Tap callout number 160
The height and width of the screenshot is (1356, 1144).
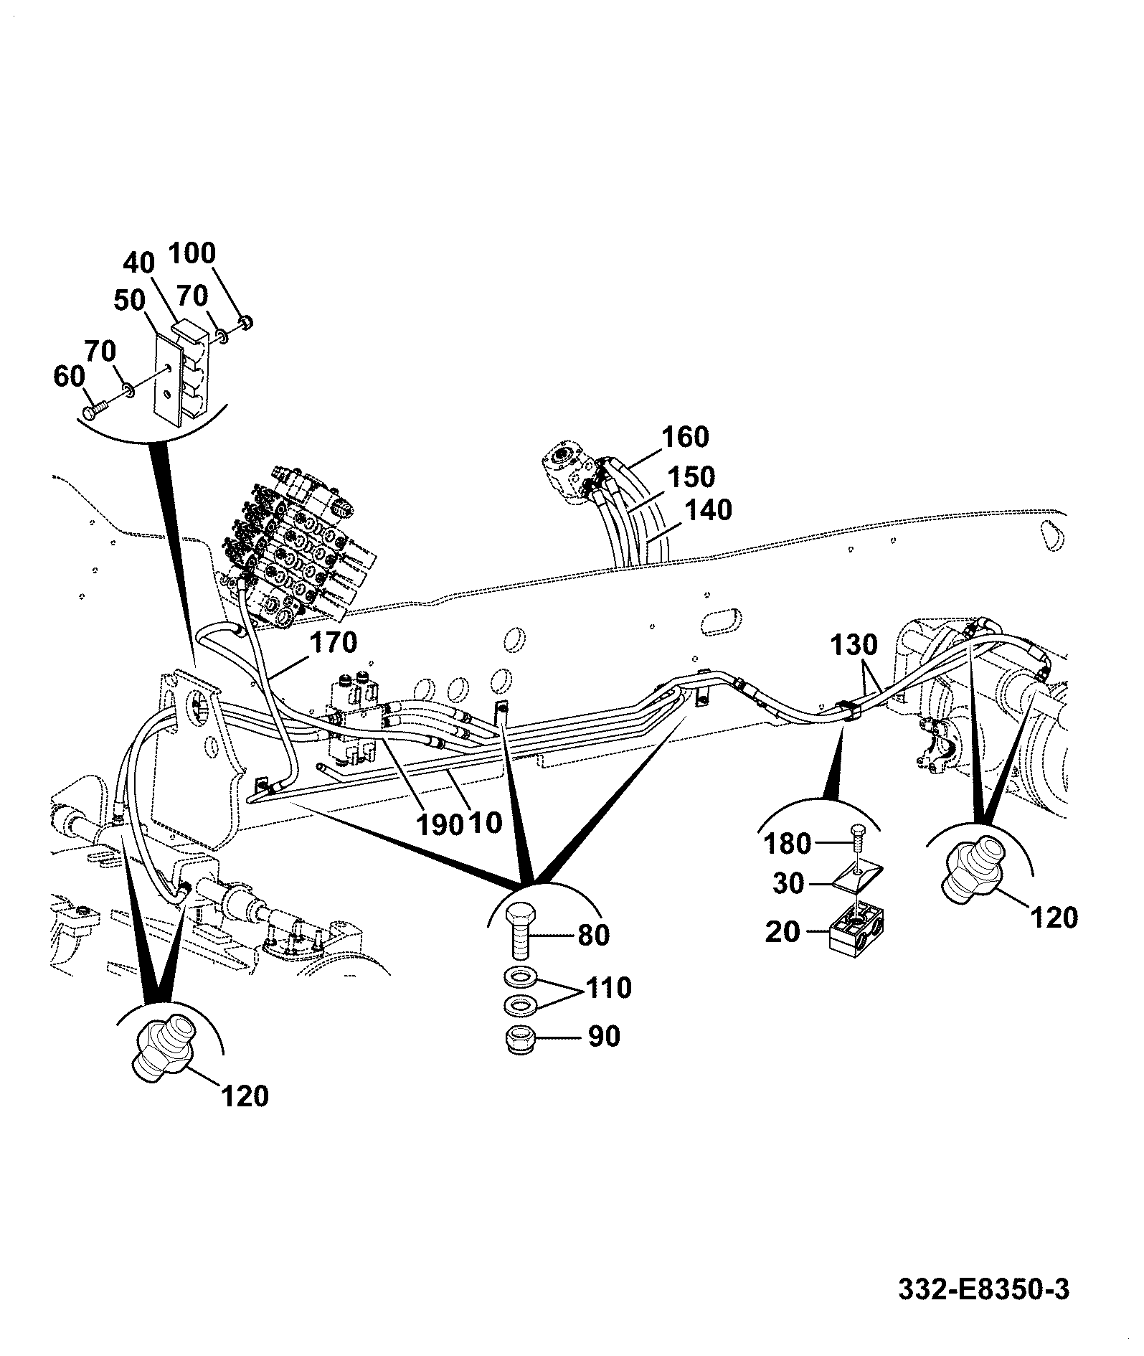(685, 437)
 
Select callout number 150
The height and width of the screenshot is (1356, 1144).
(691, 477)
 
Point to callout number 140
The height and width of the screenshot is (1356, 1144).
(708, 510)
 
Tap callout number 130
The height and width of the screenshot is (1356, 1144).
(854, 645)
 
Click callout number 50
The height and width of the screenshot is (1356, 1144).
(131, 300)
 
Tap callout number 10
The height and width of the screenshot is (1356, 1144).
(486, 822)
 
